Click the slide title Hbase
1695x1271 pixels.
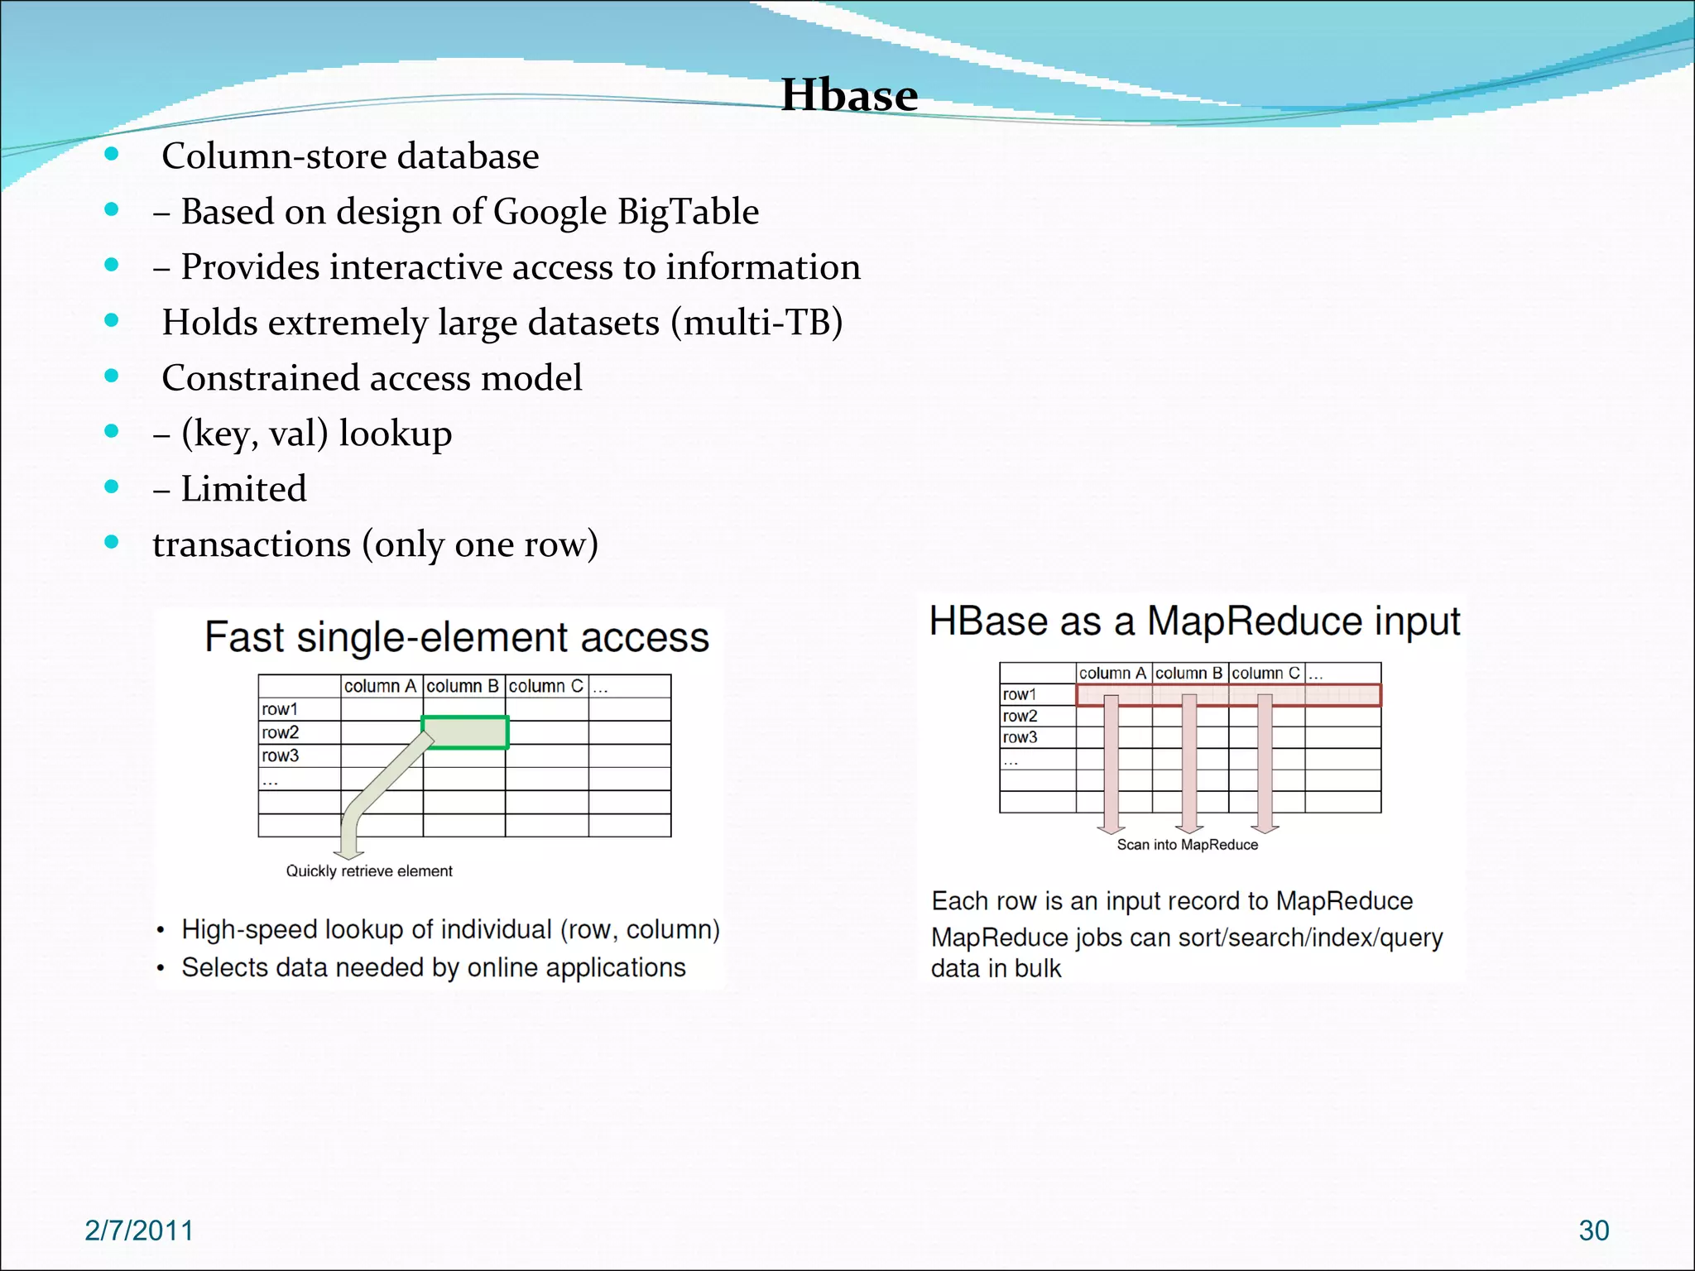coord(849,95)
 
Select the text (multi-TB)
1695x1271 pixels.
coord(756,323)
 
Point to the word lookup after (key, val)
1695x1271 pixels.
coord(395,434)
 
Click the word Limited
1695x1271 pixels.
coord(243,489)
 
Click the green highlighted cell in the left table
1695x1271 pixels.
coord(465,732)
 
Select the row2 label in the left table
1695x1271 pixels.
coord(281,732)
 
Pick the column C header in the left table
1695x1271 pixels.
coord(545,686)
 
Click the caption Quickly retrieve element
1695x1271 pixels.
coord(369,871)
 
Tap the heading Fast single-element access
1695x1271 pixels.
coord(457,637)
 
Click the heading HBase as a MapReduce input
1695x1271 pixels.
coord(1194,621)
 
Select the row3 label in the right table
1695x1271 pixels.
coord(1020,737)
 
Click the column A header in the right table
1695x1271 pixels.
coord(1112,674)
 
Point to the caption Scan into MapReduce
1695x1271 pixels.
coord(1187,845)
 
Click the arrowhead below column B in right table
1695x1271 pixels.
coord(1189,828)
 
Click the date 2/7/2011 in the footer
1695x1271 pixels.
coord(139,1230)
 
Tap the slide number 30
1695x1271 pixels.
coord(1593,1230)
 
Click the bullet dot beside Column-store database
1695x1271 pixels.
coord(112,155)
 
